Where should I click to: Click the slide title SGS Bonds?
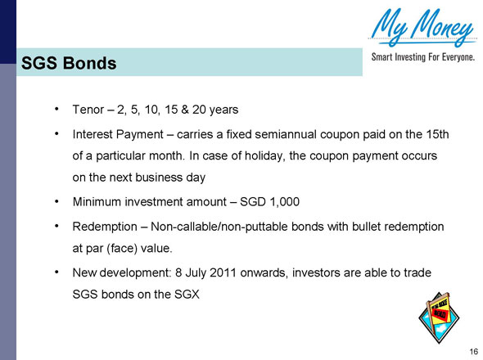(69, 62)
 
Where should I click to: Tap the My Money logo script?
(422, 28)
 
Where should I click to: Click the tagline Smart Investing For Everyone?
(423, 58)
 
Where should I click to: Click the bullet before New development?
(56, 271)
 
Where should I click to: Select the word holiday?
(268, 155)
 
